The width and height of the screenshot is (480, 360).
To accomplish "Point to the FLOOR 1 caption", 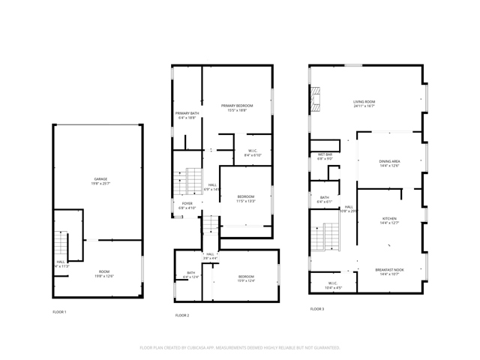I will pos(59,311).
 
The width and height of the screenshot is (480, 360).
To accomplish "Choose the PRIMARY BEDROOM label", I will pos(236,106).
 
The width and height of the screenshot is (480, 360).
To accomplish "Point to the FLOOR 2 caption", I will pos(182,315).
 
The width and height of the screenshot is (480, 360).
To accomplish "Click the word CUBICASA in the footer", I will pos(217,348).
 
